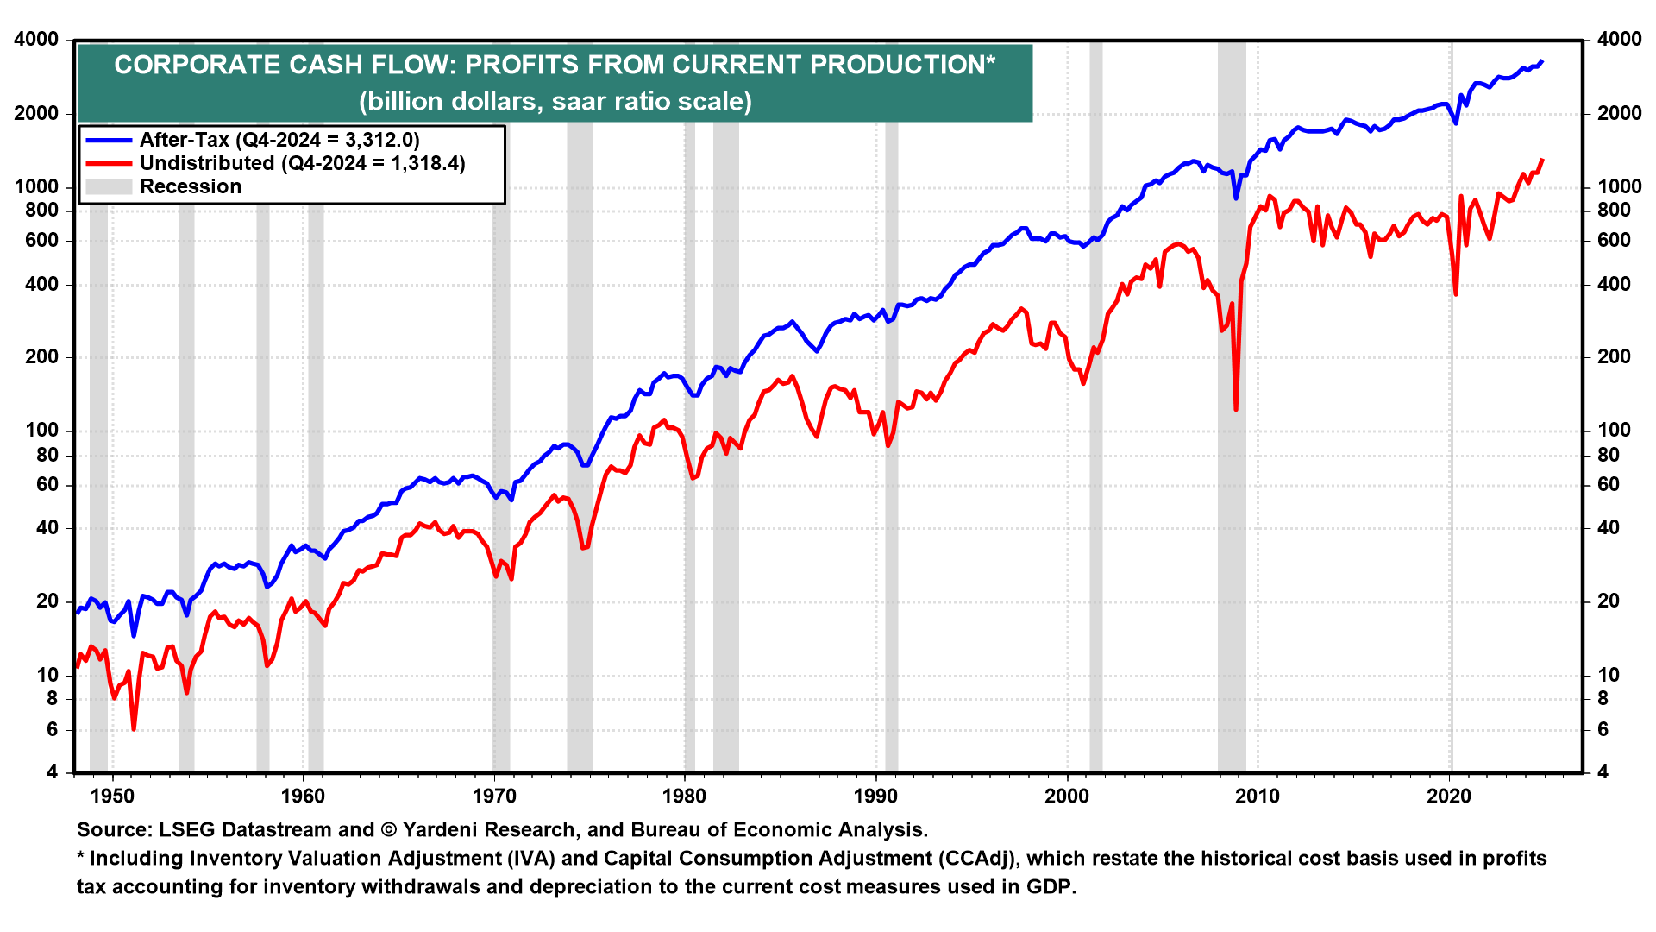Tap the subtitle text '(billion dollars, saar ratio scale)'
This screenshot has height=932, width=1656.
(555, 101)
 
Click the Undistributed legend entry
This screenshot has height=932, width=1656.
(302, 163)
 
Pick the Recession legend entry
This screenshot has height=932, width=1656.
(191, 186)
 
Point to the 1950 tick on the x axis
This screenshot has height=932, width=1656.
(113, 796)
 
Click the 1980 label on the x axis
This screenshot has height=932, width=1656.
(685, 796)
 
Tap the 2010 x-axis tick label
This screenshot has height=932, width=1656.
(1258, 796)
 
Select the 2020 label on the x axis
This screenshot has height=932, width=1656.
(1449, 796)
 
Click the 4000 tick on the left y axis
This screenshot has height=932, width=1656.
(36, 40)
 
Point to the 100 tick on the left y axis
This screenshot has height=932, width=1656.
(42, 430)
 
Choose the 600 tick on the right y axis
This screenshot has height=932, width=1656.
(1614, 240)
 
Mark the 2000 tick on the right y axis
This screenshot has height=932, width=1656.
(1619, 113)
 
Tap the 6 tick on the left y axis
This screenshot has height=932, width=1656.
(53, 729)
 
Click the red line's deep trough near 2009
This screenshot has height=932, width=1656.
(1236, 409)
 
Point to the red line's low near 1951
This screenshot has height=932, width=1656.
(134, 728)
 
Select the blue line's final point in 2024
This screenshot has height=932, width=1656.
(1542, 61)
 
